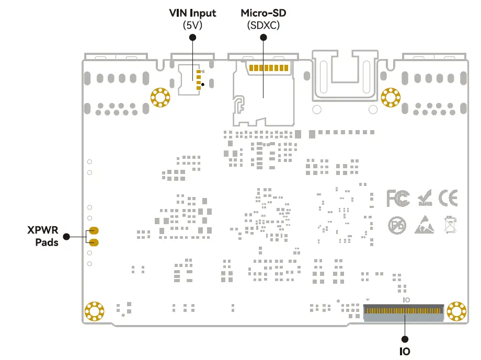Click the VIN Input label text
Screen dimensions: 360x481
tap(192, 13)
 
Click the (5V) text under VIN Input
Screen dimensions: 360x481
tap(192, 25)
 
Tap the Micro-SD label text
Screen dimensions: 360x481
tap(263, 13)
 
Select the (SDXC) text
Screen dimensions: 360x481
tap(263, 25)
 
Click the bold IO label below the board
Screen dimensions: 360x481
tap(404, 351)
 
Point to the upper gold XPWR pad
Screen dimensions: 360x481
tap(94, 231)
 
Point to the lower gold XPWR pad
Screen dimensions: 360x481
tap(94, 242)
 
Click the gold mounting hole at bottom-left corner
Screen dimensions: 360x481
tap(95, 311)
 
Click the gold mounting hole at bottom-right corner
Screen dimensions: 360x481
tap(456, 311)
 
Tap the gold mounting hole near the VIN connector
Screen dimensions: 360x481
tap(160, 97)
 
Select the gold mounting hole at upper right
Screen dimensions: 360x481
tap(390, 97)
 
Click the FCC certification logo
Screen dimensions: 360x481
tap(399, 199)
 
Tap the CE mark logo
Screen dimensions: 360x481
tap(448, 198)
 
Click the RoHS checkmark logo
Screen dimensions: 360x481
tap(425, 199)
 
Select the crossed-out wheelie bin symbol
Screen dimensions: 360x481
tap(450, 225)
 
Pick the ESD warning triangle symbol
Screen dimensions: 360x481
tap(425, 225)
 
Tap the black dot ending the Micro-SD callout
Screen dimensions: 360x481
tap(263, 37)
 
